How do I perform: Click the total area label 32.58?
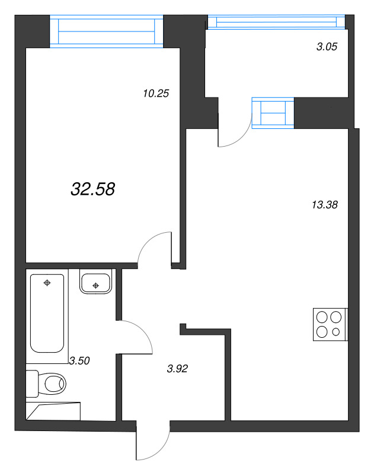[x=92, y=189]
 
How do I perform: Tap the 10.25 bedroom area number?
[x=156, y=93]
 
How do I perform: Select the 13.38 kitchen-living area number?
[x=324, y=205]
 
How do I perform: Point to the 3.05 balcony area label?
[x=327, y=47]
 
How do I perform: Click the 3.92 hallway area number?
[x=177, y=369]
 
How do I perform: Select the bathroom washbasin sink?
[x=95, y=283]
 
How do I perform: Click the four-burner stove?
[x=330, y=325]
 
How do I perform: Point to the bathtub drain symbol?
[x=47, y=283]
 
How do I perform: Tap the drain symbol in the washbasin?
[x=95, y=286]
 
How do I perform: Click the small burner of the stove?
[x=337, y=332]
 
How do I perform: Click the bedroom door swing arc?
[x=154, y=247]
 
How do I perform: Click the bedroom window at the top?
[x=106, y=31]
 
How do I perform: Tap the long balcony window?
[x=275, y=21]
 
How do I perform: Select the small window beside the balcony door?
[x=273, y=112]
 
